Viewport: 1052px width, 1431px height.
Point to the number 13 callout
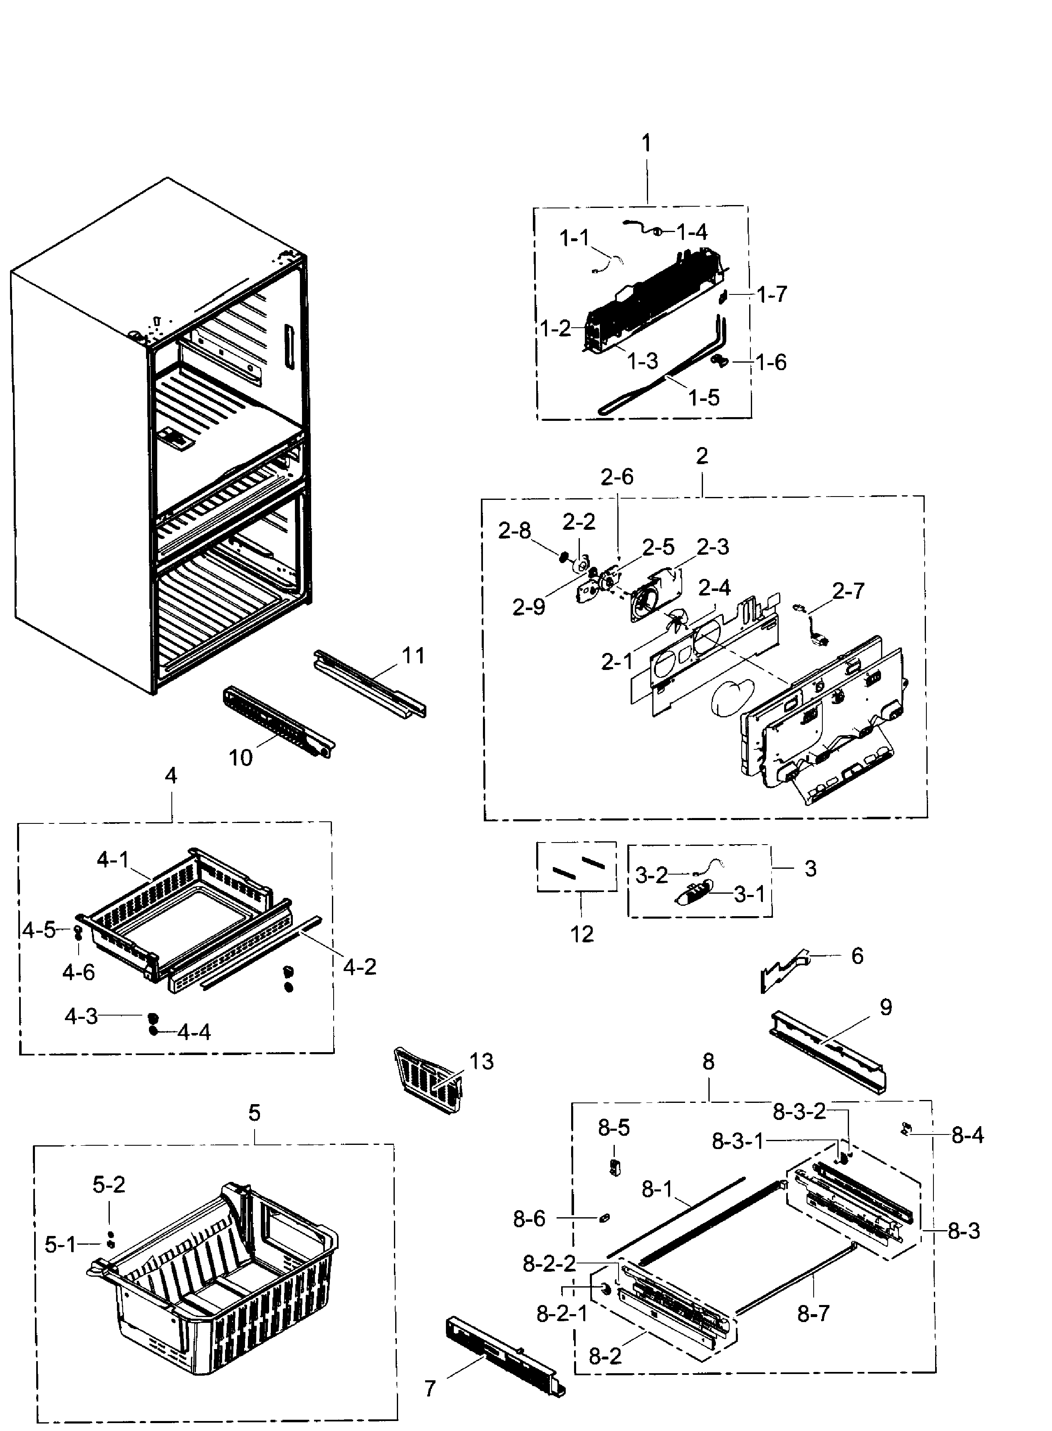click(x=481, y=1061)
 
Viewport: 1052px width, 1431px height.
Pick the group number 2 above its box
click(x=702, y=456)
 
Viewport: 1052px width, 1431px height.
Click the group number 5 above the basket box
click(x=254, y=1113)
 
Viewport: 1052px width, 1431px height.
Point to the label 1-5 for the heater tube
click(x=704, y=398)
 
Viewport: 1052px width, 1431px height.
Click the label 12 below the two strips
click(x=582, y=934)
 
